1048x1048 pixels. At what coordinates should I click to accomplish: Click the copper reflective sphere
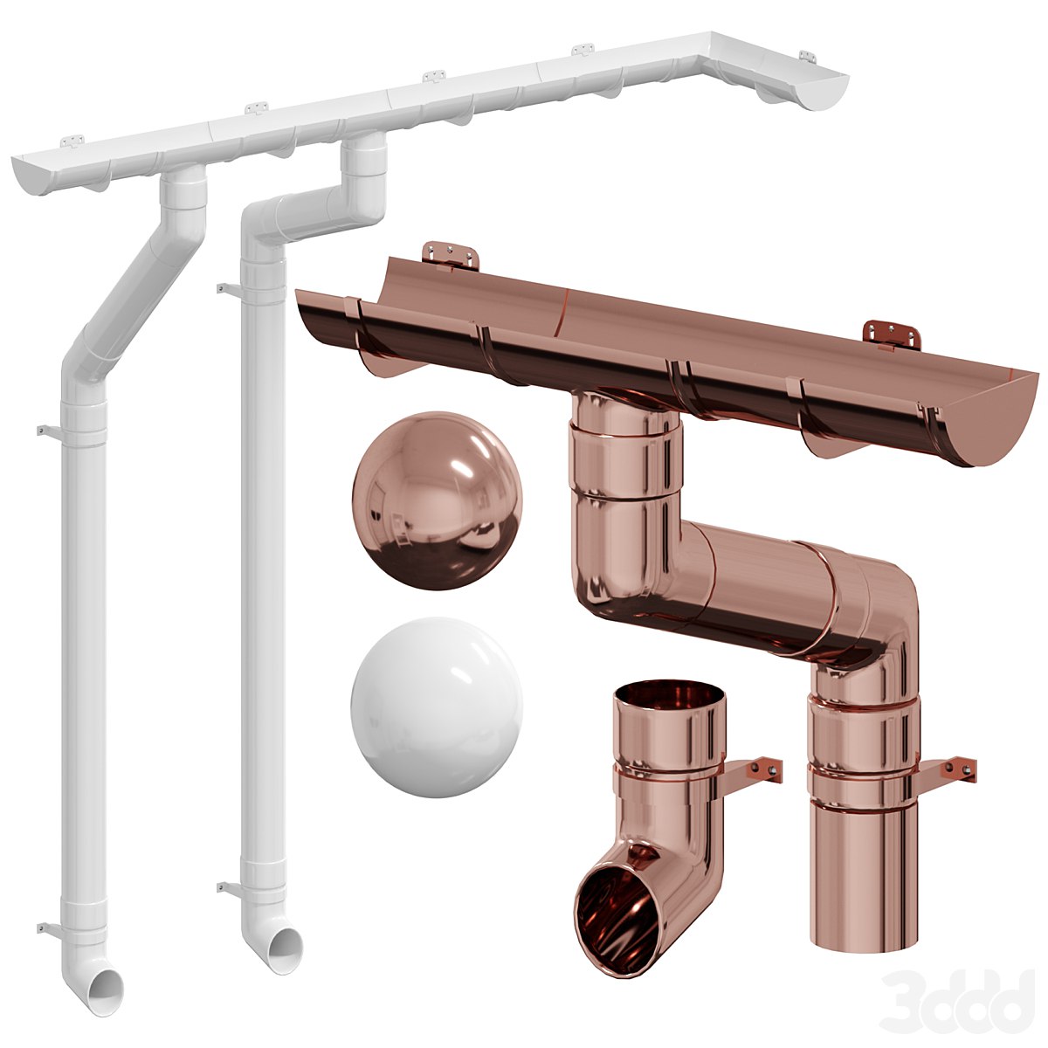point(437,500)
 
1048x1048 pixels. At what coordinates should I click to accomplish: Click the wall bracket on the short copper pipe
point(756,769)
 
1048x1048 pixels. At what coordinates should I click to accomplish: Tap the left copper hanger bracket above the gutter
point(452,254)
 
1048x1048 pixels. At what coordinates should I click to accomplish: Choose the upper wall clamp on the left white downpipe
point(45,431)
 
